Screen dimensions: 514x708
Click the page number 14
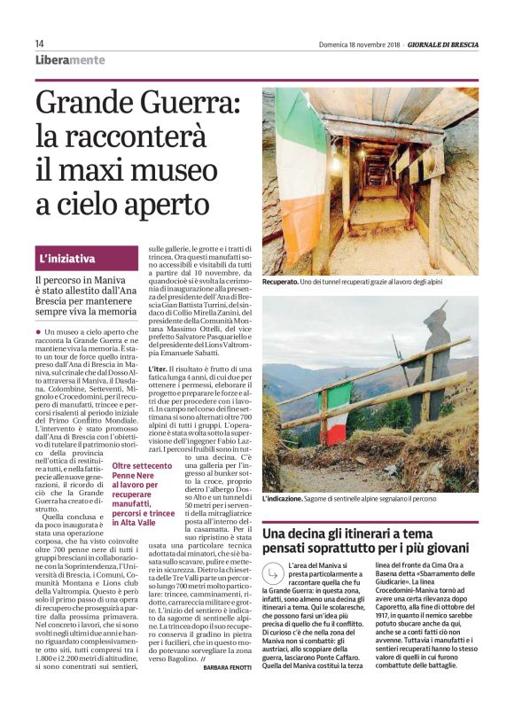[39, 43]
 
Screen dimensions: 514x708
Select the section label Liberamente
[69, 60]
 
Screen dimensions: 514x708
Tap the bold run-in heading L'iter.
[158, 368]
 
